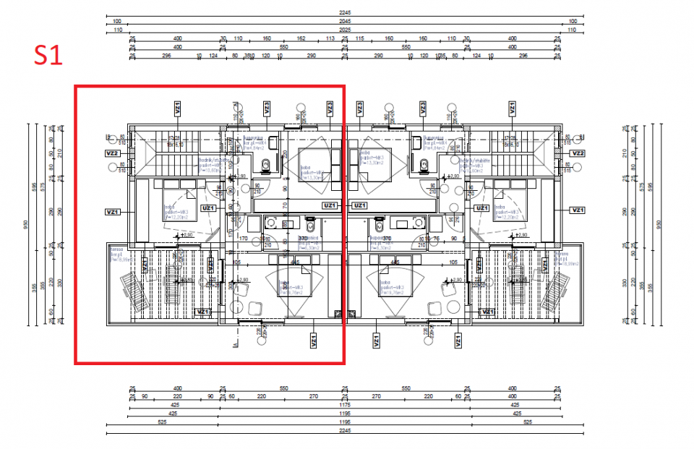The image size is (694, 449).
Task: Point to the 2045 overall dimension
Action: tap(345, 22)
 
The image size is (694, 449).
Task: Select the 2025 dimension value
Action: tap(345, 30)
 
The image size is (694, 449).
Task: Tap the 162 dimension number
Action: tap(301, 38)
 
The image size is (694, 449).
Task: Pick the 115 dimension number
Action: tap(359, 38)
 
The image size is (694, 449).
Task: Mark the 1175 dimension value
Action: tap(345, 406)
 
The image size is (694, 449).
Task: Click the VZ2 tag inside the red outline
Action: tap(112, 153)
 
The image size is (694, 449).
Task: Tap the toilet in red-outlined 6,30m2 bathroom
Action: tap(311, 222)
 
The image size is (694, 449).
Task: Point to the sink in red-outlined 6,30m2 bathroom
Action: tap(274, 222)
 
